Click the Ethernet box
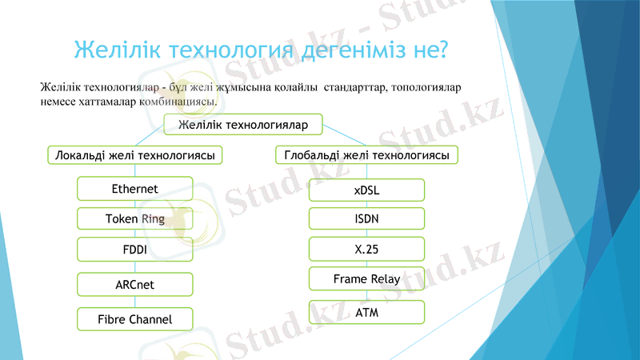(x=134, y=189)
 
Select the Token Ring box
(x=134, y=218)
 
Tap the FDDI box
(x=134, y=249)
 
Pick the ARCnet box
(x=134, y=284)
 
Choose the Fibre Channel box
(x=134, y=319)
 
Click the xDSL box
(x=366, y=190)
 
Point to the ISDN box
(x=366, y=218)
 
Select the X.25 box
(x=366, y=249)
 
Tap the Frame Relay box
(x=366, y=279)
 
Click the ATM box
(x=366, y=312)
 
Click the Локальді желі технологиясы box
(x=134, y=154)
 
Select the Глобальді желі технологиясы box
(x=366, y=154)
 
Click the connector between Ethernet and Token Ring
(x=134, y=204)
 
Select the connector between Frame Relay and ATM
(x=366, y=295)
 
